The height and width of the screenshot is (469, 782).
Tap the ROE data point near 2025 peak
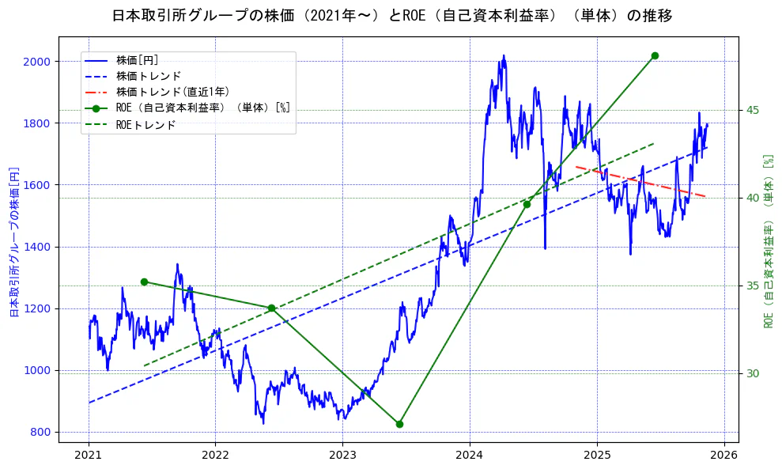coord(655,55)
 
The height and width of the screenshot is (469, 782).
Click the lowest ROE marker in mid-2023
coord(399,424)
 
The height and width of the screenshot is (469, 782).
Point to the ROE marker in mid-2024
coord(527,204)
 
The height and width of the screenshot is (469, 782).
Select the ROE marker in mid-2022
coord(271,308)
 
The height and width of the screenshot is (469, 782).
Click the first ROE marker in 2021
coord(144,282)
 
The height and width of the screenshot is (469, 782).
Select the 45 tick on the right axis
coord(753,109)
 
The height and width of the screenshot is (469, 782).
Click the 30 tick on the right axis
coord(753,373)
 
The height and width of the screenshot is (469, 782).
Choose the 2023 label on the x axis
coord(342,456)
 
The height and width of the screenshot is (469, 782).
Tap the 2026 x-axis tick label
coord(724,456)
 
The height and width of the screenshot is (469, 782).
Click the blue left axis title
coord(13,241)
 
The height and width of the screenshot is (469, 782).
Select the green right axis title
coord(768,241)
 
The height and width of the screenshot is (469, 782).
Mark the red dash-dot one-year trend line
coord(640,182)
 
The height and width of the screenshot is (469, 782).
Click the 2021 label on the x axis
coord(89,456)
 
